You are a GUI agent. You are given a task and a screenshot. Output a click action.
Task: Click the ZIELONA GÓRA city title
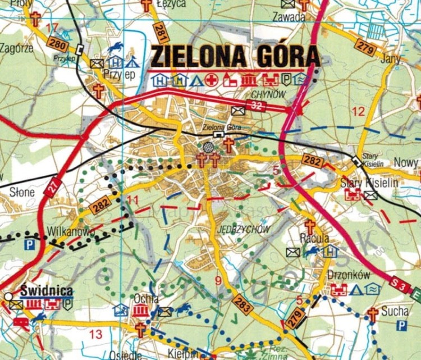click(x=235, y=57)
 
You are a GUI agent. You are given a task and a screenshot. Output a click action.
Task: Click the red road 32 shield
click(x=257, y=106)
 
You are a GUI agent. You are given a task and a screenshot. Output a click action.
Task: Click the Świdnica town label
click(x=47, y=291)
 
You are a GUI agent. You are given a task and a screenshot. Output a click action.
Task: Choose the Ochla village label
click(x=146, y=298)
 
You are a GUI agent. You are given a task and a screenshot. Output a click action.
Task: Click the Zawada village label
click(x=289, y=16)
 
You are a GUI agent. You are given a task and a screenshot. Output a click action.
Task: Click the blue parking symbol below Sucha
click(x=401, y=325)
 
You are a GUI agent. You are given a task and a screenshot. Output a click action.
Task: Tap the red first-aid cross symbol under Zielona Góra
click(x=212, y=80)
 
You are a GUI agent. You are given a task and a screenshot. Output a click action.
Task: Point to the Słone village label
click(x=22, y=192)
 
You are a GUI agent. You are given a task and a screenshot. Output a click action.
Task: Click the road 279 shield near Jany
click(x=365, y=48)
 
